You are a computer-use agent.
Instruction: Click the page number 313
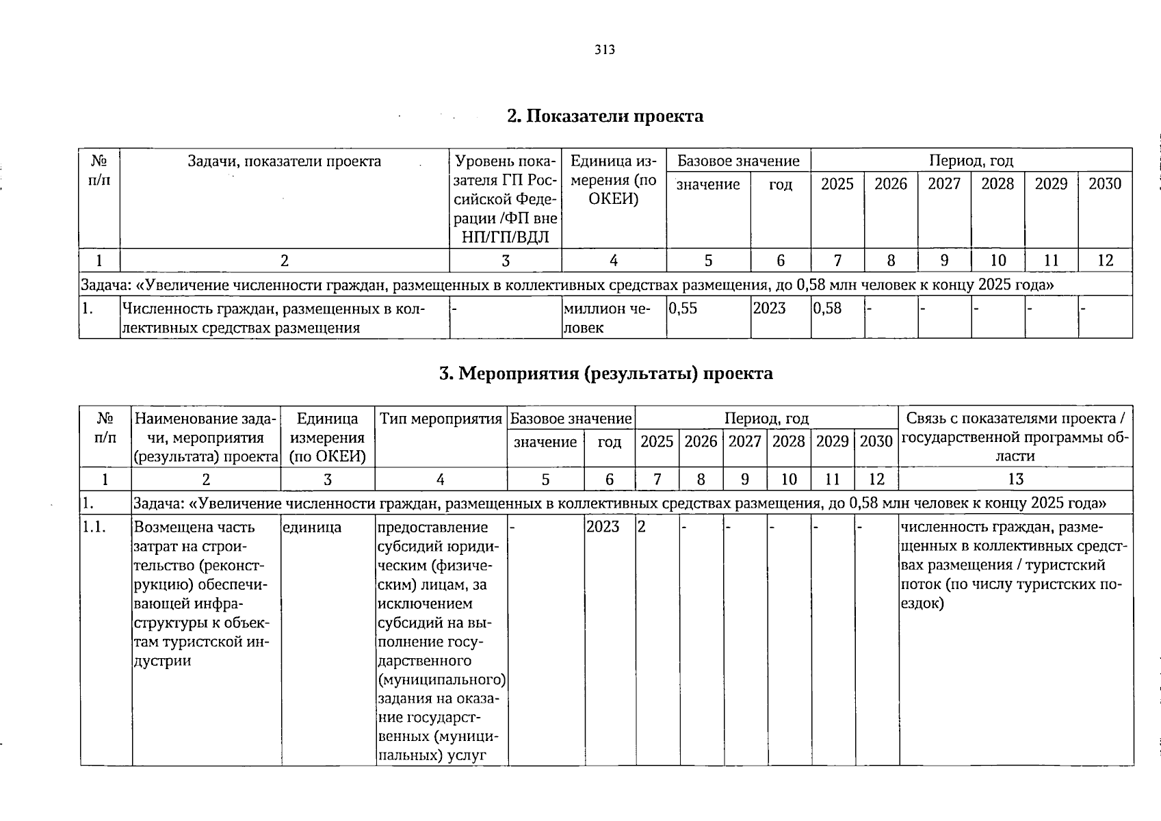coord(605,50)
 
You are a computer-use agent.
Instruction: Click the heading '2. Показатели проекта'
coord(605,116)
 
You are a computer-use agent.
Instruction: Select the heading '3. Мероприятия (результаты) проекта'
coord(605,374)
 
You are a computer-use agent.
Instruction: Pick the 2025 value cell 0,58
coord(827,309)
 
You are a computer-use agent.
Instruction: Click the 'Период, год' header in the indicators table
coord(971,161)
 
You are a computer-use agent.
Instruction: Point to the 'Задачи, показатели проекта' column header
coord(285,161)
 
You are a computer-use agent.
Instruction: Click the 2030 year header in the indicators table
coord(1104,184)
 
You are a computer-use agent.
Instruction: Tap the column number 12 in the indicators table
coord(1104,261)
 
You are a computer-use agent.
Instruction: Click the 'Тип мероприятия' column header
coord(441,419)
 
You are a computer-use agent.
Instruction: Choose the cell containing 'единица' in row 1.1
coord(312,527)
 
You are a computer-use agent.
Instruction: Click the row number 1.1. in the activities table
coord(92,527)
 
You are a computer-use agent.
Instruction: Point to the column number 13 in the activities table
coord(1015,480)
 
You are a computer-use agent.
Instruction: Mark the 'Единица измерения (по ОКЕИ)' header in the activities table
coord(328,437)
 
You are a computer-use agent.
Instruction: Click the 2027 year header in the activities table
coord(744,442)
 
